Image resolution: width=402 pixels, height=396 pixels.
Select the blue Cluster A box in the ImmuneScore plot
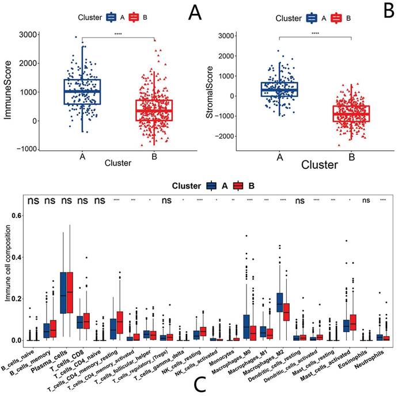pyautogui.click(x=82, y=92)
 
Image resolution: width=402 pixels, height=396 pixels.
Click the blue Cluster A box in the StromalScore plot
pyautogui.click(x=279, y=89)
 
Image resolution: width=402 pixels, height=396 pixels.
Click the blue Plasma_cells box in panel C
pyautogui.click(x=66, y=292)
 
